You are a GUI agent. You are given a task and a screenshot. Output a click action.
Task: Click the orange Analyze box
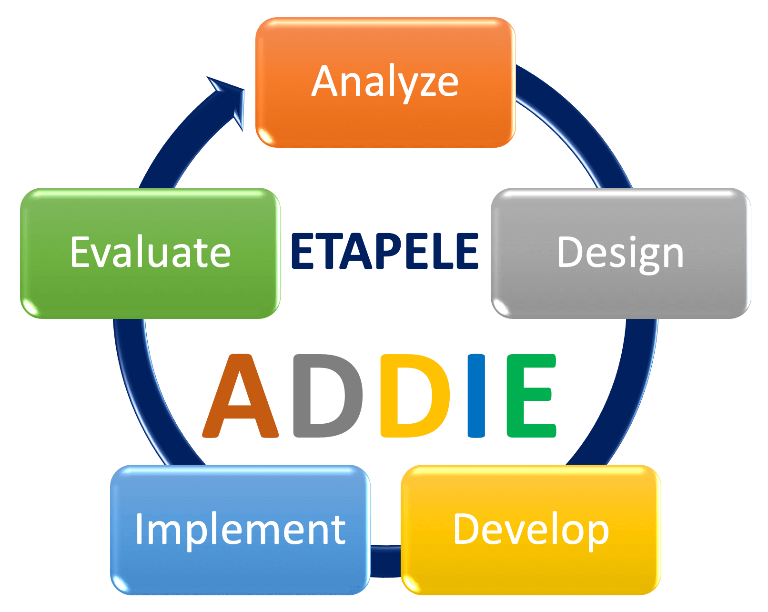pyautogui.click(x=385, y=82)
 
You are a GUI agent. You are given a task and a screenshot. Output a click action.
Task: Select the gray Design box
pyautogui.click(x=621, y=253)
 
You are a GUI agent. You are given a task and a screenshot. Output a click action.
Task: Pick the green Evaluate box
pyautogui.click(x=150, y=253)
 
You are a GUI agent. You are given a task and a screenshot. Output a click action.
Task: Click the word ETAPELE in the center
pyautogui.click(x=384, y=251)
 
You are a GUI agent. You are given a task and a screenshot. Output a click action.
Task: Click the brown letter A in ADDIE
pyautogui.click(x=240, y=396)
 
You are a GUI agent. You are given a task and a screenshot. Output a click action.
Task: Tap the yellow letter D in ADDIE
pyautogui.click(x=415, y=396)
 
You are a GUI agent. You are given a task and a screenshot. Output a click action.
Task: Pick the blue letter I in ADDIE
pyautogui.click(x=476, y=396)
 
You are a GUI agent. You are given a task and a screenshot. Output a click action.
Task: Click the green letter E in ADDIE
pyautogui.click(x=531, y=396)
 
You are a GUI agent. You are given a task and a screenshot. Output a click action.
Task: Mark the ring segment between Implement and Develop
pyautogui.click(x=385, y=561)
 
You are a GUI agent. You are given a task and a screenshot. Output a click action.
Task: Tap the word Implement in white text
pyautogui.click(x=240, y=531)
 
